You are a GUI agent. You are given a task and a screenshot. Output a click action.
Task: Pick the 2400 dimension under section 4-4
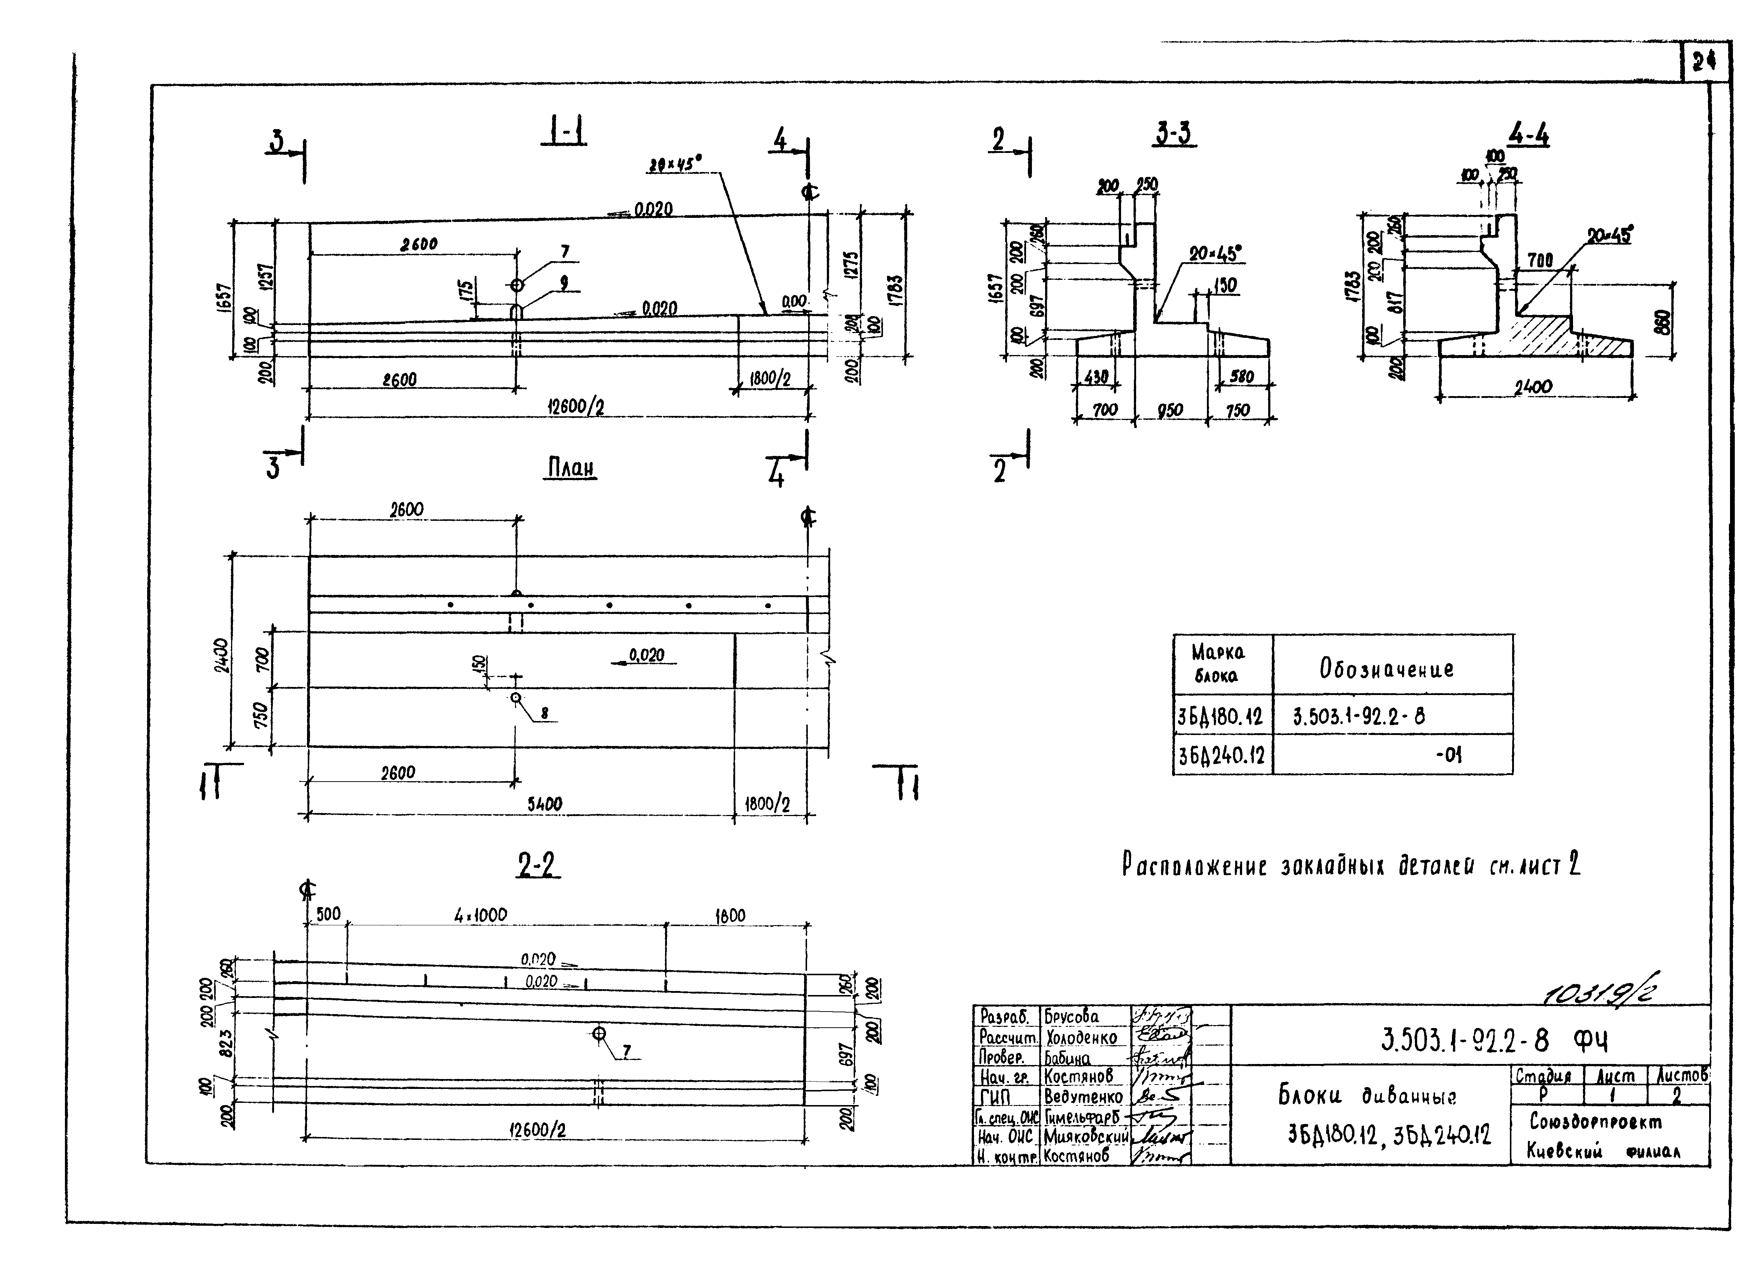1533,386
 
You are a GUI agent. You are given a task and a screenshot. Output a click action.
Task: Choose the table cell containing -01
1447,754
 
